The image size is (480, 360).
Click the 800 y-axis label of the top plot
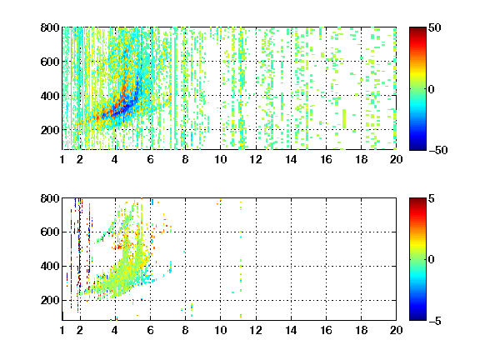tap(50, 27)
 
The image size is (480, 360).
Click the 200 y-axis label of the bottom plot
tap(50, 300)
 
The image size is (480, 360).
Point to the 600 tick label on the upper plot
tap(50, 62)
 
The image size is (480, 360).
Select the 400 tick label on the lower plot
tap(50, 266)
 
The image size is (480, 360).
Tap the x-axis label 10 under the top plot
tap(220, 159)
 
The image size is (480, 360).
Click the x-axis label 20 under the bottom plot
tap(396, 330)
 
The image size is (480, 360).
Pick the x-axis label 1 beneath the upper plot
tap(62, 159)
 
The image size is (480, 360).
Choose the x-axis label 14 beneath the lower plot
tap(291, 330)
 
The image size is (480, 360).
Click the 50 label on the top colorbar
tap(435, 27)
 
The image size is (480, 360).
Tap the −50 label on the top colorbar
tap(438, 150)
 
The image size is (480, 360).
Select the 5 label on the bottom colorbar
tap(432, 198)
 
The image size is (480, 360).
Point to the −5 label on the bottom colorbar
tap(435, 321)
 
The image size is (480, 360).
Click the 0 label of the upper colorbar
tap(432, 89)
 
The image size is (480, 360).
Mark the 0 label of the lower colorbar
tap(432, 260)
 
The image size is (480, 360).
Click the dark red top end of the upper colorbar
tap(417, 29)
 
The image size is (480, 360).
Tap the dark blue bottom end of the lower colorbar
tap(417, 318)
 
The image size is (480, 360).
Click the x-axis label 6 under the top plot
tap(150, 159)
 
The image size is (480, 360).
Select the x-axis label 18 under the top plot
tap(361, 159)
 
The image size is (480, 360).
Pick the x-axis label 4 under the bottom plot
tap(115, 330)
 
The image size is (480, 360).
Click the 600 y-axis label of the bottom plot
tap(50, 232)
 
